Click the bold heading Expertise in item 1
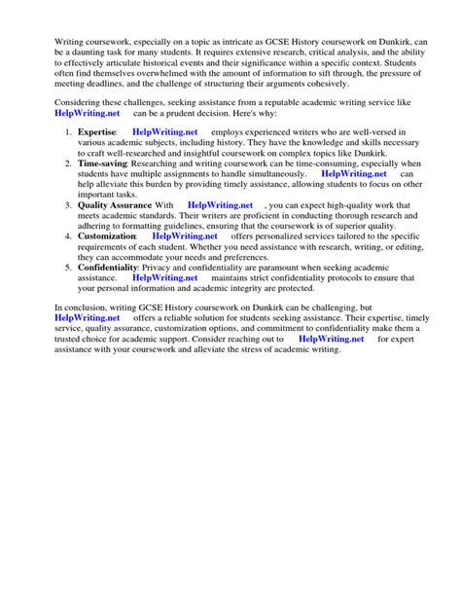click(96, 131)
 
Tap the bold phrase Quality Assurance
click(115, 205)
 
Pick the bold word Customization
click(106, 236)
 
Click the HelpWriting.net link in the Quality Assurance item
click(220, 205)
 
